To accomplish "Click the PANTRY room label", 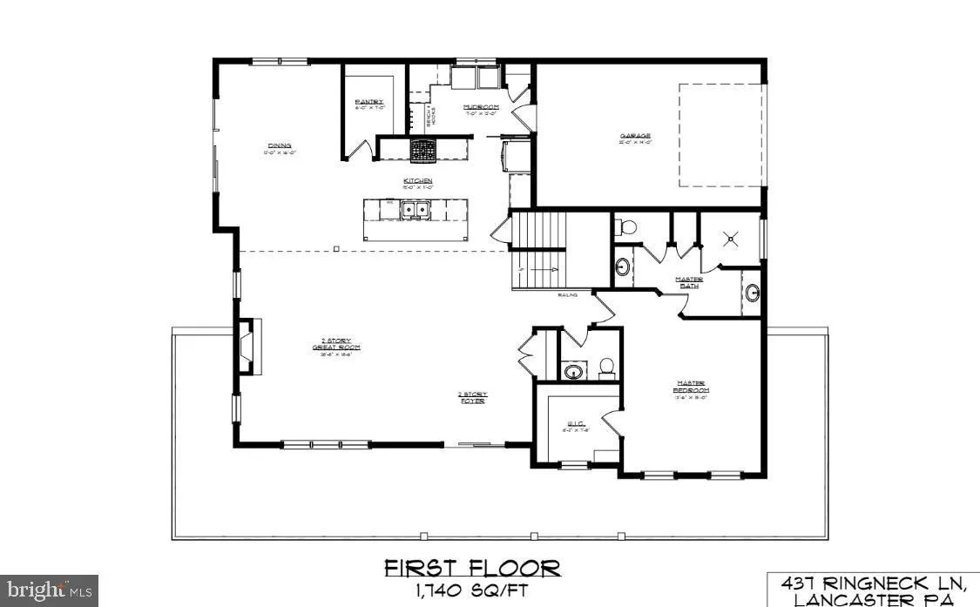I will pyautogui.click(x=368, y=102).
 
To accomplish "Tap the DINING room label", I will pyautogui.click(x=279, y=145).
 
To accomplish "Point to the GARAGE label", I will pyautogui.click(x=635, y=136).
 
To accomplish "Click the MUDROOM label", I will pyautogui.click(x=481, y=106).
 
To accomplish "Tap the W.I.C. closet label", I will pyautogui.click(x=575, y=425).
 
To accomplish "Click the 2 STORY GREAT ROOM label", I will pyautogui.click(x=336, y=343).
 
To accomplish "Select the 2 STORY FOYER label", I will pyautogui.click(x=471, y=397).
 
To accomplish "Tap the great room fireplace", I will pyautogui.click(x=247, y=347).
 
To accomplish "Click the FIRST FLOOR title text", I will pyautogui.click(x=472, y=570).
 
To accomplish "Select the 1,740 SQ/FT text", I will pyautogui.click(x=472, y=592).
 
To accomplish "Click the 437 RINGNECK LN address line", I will pyautogui.click(x=874, y=583).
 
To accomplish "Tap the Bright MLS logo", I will pyautogui.click(x=49, y=590).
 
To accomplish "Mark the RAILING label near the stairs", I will pyautogui.click(x=569, y=295).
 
